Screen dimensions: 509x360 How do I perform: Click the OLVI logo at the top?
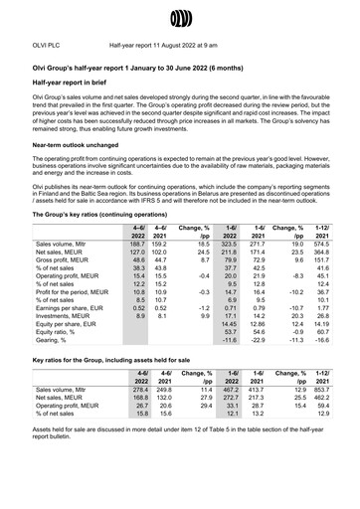tap(180, 16)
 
